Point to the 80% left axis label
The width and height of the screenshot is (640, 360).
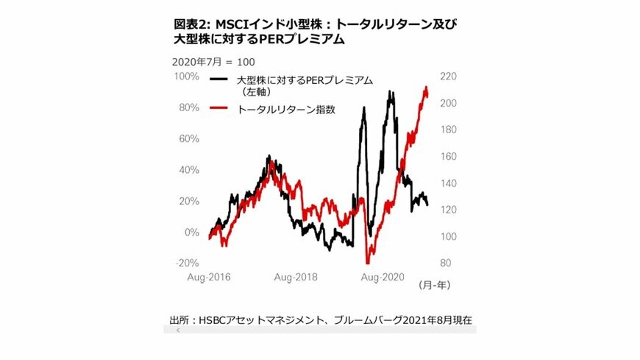(188, 107)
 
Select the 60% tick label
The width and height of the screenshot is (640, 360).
(188, 138)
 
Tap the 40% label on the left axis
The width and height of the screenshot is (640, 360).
(188, 169)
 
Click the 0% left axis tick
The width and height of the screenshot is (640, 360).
(191, 232)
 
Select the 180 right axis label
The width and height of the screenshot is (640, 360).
(448, 130)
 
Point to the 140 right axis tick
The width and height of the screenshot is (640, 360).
(448, 183)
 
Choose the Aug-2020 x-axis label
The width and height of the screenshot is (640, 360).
(383, 278)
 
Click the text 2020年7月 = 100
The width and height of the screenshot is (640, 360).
(213, 62)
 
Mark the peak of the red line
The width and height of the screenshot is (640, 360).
(426, 87)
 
